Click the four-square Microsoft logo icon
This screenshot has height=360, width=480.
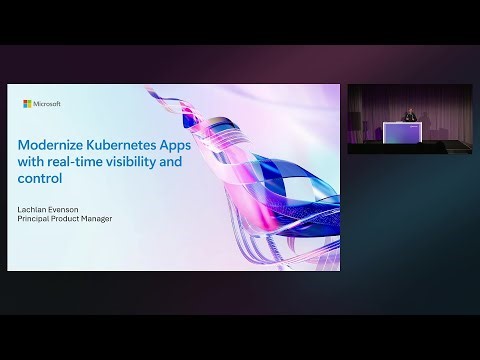click(27, 103)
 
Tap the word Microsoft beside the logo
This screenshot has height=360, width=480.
click(47, 103)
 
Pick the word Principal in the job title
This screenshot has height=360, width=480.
click(40, 219)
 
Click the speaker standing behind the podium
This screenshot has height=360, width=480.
click(410, 113)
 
